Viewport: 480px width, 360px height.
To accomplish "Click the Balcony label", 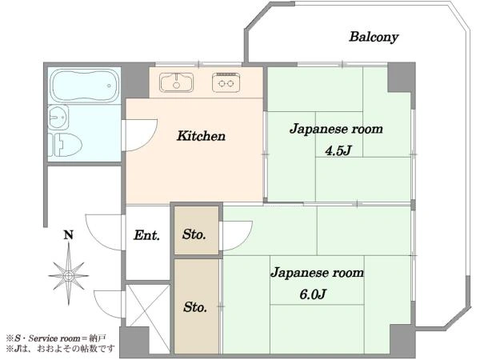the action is (374, 37).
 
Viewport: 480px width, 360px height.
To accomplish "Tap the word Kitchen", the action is (201, 136).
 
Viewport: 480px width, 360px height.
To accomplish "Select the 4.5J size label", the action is (338, 150).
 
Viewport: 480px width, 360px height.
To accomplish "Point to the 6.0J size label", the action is (313, 294).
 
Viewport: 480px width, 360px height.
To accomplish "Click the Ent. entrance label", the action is (146, 235).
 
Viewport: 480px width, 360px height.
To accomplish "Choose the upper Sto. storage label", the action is (194, 234).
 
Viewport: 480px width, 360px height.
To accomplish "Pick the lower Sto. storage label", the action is (195, 306).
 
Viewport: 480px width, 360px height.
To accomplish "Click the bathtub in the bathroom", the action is (85, 86).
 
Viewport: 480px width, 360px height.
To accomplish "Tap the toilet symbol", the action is (66, 145).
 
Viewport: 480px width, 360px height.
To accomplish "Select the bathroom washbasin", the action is (58, 117).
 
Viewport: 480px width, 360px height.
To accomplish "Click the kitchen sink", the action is (176, 82).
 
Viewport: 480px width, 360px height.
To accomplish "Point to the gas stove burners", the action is (226, 82).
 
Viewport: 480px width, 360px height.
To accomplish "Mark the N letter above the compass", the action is (69, 234).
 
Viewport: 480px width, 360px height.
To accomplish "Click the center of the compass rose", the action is (69, 275).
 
